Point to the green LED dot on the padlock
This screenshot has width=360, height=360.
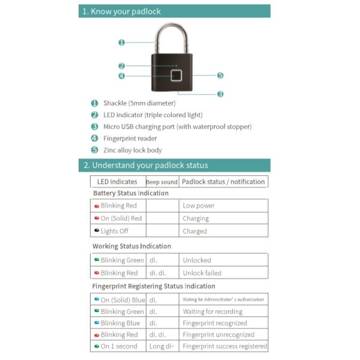[x=176, y=65]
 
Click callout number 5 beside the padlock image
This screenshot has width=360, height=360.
[x=220, y=76]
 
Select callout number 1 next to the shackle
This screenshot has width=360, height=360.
[x=121, y=43]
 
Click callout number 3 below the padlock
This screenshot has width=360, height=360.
[x=220, y=94]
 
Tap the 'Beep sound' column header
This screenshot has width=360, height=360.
[x=161, y=182]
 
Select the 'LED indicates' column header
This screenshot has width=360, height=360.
[x=117, y=182]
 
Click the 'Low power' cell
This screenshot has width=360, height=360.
[x=199, y=206]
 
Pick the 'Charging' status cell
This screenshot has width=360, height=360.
[x=196, y=218]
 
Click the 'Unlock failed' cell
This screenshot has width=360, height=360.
[x=202, y=273]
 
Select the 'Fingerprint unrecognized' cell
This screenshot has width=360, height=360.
[x=218, y=335]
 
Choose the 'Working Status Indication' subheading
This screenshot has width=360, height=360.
[x=131, y=246]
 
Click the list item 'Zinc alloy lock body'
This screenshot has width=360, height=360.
[x=133, y=150]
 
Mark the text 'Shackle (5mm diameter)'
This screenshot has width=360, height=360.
[x=139, y=103]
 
